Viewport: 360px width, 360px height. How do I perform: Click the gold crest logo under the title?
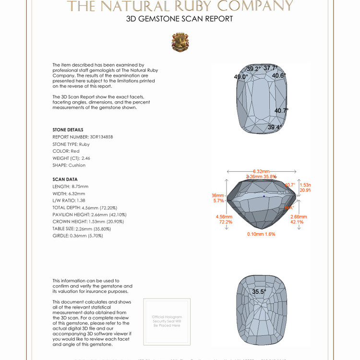[x=180, y=42]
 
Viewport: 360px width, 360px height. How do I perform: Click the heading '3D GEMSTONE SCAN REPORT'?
[x=180, y=19]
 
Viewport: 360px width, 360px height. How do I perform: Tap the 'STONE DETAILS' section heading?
[x=68, y=130]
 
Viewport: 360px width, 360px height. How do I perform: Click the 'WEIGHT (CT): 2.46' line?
[x=71, y=158]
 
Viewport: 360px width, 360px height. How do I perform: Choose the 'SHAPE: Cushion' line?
[x=69, y=165]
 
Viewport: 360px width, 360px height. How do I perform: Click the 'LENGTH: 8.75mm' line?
[x=70, y=186]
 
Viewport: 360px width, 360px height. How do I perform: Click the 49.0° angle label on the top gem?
[x=240, y=77]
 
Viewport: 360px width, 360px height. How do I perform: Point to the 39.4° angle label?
[x=275, y=127]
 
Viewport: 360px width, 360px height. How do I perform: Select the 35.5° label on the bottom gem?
[x=259, y=291]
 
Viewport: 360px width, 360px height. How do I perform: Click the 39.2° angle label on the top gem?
[x=253, y=69]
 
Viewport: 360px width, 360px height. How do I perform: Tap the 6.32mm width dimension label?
[x=261, y=171]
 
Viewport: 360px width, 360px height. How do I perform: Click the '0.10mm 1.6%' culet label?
[x=261, y=234]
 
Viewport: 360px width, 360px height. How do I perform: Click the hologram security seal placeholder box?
[x=167, y=321]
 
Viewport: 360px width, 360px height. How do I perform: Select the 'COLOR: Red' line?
[x=66, y=151]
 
